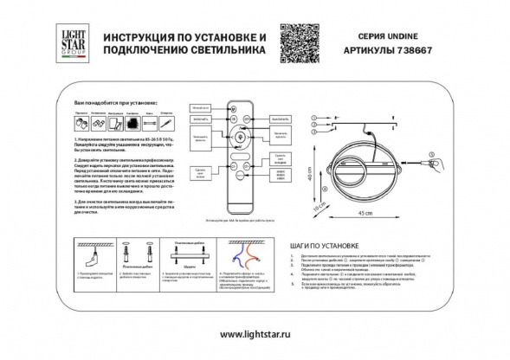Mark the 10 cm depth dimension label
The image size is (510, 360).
320,207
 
